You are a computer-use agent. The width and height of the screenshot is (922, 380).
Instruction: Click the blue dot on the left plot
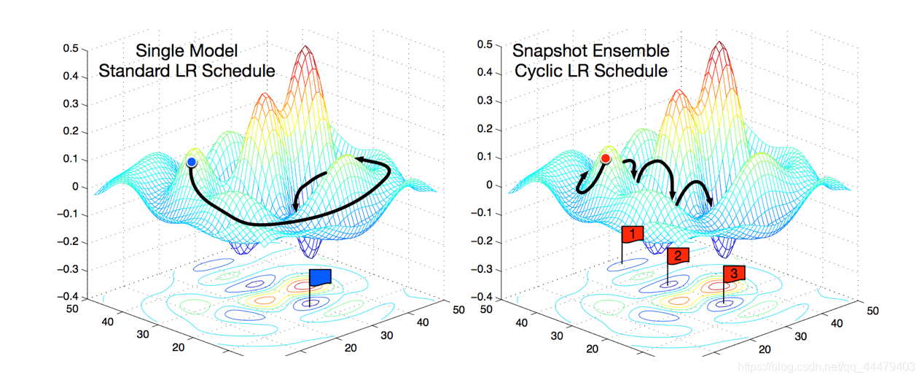pyautogui.click(x=191, y=162)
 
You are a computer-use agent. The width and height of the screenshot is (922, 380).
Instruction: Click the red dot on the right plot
pyautogui.click(x=606, y=158)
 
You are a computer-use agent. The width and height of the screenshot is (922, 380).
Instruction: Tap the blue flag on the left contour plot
pyautogui.click(x=320, y=276)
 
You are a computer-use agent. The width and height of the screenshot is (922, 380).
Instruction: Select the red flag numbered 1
pyautogui.click(x=633, y=233)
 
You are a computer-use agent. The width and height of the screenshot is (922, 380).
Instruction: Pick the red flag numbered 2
pyautogui.click(x=677, y=255)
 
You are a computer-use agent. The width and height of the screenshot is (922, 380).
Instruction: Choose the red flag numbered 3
pyautogui.click(x=734, y=274)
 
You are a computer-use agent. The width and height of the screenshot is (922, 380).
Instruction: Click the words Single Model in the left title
pyautogui.click(x=187, y=52)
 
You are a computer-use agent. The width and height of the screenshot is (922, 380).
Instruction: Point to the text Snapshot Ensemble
pyautogui.click(x=590, y=51)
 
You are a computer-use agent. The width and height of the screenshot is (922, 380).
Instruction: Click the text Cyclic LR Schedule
pyautogui.click(x=590, y=71)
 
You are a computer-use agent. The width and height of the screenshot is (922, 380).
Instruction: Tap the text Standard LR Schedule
pyautogui.click(x=187, y=71)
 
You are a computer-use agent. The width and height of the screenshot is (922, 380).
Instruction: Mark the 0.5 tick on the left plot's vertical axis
pyautogui.click(x=70, y=49)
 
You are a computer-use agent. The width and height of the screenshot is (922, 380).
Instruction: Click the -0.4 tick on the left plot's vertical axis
pyautogui.click(x=69, y=297)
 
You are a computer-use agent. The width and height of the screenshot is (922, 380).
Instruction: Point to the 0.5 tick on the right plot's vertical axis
pyautogui.click(x=484, y=45)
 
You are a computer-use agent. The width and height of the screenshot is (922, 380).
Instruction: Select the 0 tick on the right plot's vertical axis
pyautogui.click(x=490, y=185)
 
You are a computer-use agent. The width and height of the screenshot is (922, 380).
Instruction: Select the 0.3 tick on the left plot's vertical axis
pyautogui.click(x=70, y=104)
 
